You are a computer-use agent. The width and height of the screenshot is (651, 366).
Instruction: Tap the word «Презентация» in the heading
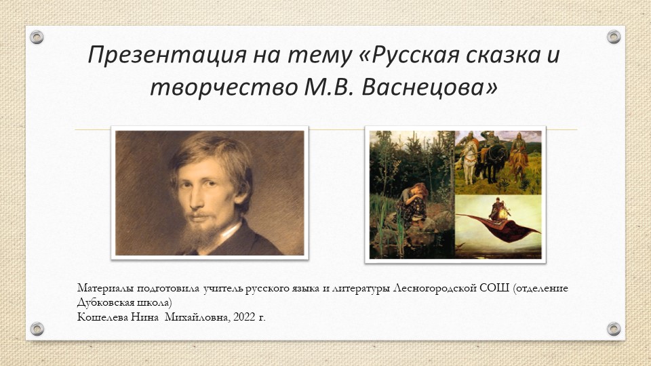[157, 56]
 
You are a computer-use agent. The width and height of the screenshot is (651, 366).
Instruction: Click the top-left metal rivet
[37, 37]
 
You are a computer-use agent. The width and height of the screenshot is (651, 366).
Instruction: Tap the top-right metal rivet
[613, 37]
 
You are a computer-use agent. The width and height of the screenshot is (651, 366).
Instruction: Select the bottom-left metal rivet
[37, 329]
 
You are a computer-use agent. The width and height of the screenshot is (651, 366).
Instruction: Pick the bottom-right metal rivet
[613, 329]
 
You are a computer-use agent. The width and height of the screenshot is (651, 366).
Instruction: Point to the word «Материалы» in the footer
[102, 289]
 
